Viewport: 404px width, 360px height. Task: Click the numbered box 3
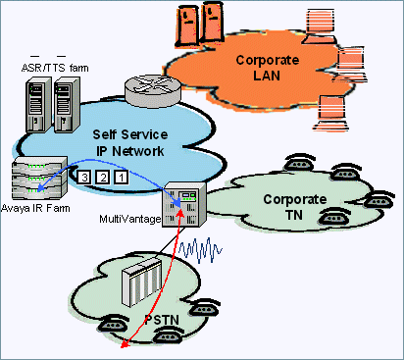tap(85, 177)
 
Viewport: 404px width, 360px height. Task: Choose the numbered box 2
tap(103, 177)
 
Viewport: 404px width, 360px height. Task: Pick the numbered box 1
tap(121, 177)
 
